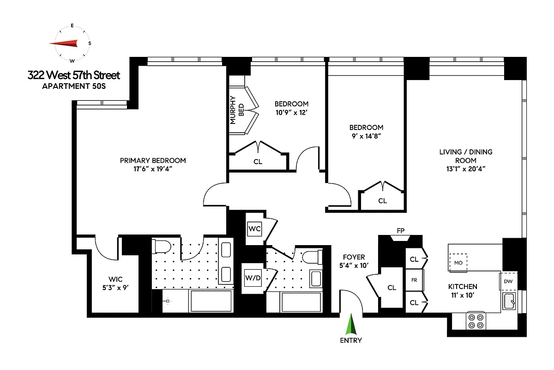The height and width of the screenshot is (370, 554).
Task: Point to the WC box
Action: [x=254, y=228]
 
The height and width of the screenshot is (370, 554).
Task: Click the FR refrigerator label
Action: [x=414, y=280]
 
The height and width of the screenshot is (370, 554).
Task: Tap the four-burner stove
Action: [x=476, y=321]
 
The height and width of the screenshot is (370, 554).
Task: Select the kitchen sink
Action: [x=510, y=301]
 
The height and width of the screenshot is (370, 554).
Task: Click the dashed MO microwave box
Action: [x=458, y=263]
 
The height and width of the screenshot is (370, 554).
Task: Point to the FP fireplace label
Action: [x=400, y=229]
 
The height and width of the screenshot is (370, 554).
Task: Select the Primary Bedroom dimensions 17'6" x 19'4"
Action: [x=153, y=169]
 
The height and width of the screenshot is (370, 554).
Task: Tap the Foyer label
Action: [x=354, y=257]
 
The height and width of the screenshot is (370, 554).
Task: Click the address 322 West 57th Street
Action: [x=74, y=75]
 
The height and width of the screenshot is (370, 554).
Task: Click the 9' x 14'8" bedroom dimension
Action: [x=366, y=136]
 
